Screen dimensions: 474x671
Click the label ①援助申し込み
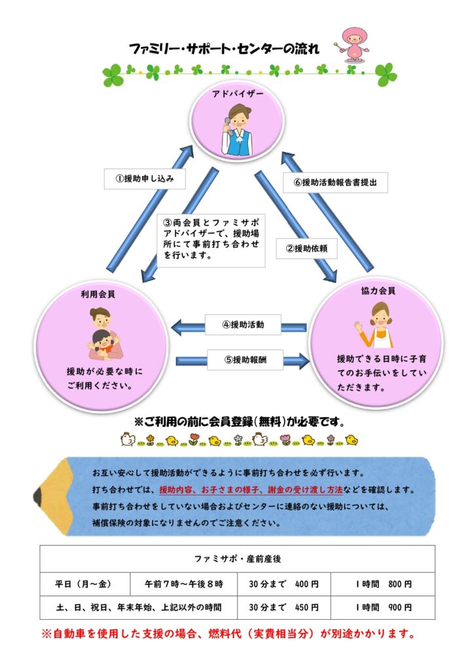pyautogui.click(x=145, y=178)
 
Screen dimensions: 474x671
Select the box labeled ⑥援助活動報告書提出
pyautogui.click(x=335, y=182)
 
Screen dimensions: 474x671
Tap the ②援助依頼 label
pyautogui.click(x=306, y=248)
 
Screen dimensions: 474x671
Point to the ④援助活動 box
pyautogui.click(x=243, y=324)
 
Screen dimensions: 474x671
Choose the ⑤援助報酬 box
pyautogui.click(x=245, y=360)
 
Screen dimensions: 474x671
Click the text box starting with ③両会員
pyautogui.click(x=211, y=240)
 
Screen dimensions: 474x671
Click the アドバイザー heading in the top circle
pyautogui.click(x=238, y=94)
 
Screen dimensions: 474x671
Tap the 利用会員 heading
pyautogui.click(x=98, y=294)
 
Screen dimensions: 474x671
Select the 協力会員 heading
pyautogui.click(x=378, y=291)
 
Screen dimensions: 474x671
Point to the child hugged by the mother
pyautogui.click(x=103, y=342)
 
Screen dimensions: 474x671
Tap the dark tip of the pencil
pyautogui.click(x=37, y=497)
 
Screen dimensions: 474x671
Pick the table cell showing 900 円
pyautogui.click(x=400, y=607)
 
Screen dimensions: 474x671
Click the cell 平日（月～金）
pyautogui.click(x=84, y=584)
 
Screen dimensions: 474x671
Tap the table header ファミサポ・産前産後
pyautogui.click(x=237, y=559)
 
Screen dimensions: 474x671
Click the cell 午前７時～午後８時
pyautogui.click(x=183, y=584)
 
